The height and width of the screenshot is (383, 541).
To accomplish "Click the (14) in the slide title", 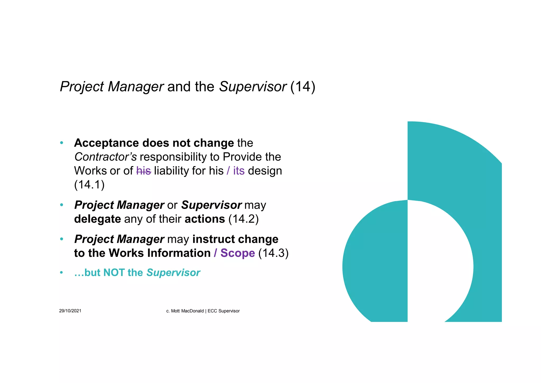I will pos(303,87).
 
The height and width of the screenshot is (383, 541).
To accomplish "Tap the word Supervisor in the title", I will pos(253,87).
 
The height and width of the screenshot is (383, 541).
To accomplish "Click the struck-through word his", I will pos(144,171).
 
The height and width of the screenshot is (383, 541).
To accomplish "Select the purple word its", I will pos(239,171).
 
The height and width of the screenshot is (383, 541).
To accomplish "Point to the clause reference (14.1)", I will pos(89,185).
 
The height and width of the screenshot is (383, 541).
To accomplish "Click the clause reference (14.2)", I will pos(243,219).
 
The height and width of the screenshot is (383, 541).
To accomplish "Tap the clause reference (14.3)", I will pos(273,253).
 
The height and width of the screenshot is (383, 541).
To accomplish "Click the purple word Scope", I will pos(237,253).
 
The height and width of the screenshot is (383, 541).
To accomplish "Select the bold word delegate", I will pos(97,219).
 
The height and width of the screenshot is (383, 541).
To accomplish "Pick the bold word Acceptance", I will pos(106,143).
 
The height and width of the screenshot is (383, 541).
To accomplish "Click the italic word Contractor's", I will pos(105,157).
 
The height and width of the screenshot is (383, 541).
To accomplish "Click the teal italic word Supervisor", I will pos(173,273).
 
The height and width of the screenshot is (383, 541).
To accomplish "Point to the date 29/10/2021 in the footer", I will pos(70,311).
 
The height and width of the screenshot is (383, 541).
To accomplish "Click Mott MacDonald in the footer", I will pos(187,311).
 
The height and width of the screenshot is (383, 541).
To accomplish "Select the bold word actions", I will pos(205,219).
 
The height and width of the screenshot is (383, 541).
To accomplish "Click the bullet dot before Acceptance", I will pos(62,143).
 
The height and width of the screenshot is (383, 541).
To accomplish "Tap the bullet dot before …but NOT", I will pos(62,273).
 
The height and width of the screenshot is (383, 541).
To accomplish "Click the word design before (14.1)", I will pos(265,171).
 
